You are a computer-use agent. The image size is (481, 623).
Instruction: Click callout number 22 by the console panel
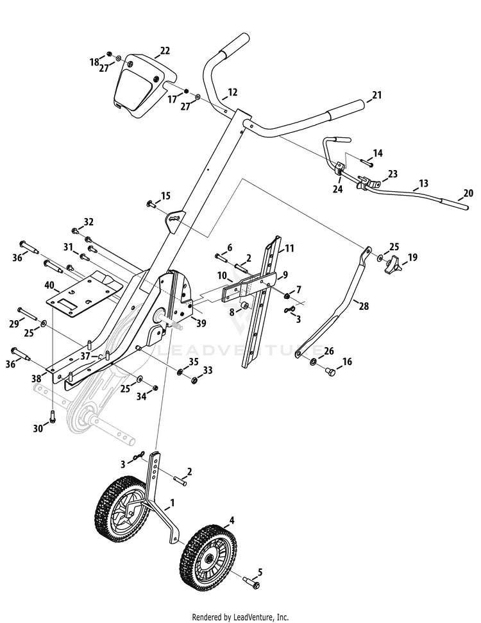[165, 51]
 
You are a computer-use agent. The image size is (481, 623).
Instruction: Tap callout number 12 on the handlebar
[232, 92]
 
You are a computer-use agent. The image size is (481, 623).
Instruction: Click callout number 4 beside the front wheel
[232, 520]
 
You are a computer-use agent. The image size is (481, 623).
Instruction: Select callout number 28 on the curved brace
[364, 307]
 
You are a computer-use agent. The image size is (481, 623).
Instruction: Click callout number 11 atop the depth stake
[290, 248]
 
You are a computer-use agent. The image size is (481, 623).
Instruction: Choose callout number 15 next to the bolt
[165, 195]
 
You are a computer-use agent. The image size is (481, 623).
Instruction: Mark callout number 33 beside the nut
[208, 370]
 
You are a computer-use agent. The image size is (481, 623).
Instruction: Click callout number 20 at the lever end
[468, 193]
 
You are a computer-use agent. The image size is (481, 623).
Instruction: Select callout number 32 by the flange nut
[89, 222]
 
